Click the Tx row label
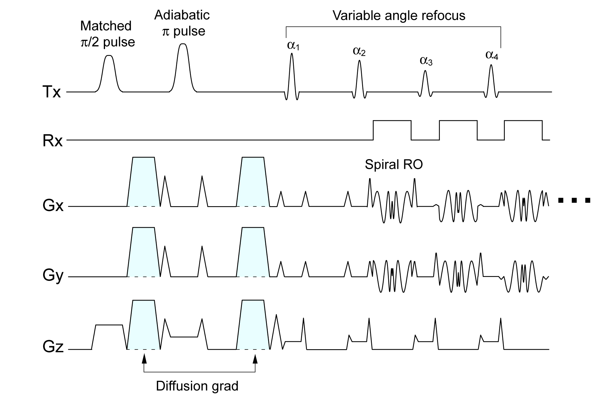click(52, 92)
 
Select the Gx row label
click(53, 206)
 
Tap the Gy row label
click(53, 276)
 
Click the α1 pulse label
click(293, 46)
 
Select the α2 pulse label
click(359, 51)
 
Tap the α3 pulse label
click(426, 61)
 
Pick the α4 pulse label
click(492, 55)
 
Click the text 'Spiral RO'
click(394, 165)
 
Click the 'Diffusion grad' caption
click(197, 386)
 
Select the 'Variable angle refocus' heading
click(399, 15)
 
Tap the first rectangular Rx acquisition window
click(392, 130)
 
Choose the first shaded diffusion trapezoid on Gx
click(144, 182)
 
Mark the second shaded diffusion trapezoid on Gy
click(253, 252)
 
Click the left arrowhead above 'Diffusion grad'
click(144, 359)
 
